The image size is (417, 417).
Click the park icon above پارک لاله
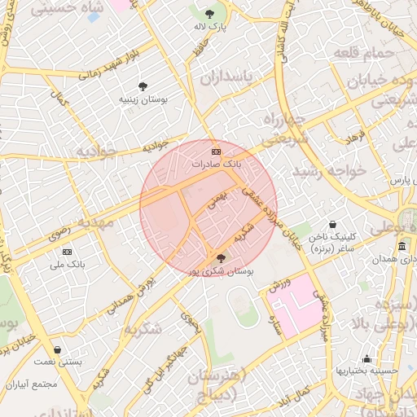[211, 14]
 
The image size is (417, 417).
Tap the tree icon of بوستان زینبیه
[143, 86]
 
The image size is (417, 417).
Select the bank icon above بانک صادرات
[216, 152]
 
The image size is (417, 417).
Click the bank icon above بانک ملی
[67, 252]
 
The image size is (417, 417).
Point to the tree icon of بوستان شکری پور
[222, 258]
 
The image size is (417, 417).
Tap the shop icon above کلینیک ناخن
[332, 224]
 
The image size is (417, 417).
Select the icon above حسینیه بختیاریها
[367, 358]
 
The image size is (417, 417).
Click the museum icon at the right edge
[402, 246]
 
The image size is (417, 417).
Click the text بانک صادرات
[216, 164]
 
